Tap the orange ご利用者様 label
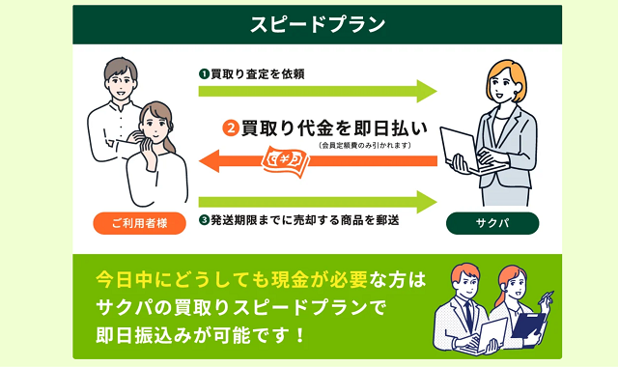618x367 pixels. click(x=139, y=223)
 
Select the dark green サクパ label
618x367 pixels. click(x=492, y=223)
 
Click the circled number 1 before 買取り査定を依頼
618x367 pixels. click(x=205, y=72)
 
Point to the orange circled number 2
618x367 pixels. click(x=230, y=127)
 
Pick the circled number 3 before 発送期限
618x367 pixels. click(x=205, y=220)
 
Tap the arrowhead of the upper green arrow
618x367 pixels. click(x=426, y=92)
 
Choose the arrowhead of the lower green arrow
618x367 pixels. click(x=426, y=201)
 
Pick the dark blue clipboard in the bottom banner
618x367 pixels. click(x=528, y=325)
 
